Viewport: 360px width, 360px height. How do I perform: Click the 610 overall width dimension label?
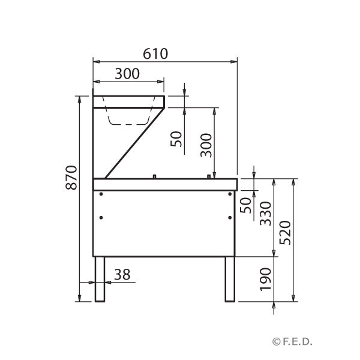(x=155, y=53)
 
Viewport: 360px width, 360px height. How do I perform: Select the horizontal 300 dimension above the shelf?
(x=127, y=74)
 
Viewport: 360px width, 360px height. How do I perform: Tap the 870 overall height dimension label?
(x=71, y=178)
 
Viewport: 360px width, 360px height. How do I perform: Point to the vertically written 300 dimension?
(x=206, y=145)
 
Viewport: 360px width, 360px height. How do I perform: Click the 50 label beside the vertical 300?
(x=176, y=139)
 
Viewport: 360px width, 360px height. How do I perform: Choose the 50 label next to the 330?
(x=245, y=205)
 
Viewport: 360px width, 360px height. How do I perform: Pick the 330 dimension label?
(x=265, y=214)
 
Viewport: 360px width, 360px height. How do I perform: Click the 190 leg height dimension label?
(x=265, y=279)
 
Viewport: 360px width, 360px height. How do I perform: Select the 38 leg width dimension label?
(x=122, y=274)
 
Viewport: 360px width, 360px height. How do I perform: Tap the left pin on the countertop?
(x=155, y=175)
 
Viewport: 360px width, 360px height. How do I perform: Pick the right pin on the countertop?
(x=209, y=175)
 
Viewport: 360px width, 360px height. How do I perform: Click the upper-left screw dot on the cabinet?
(x=101, y=194)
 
